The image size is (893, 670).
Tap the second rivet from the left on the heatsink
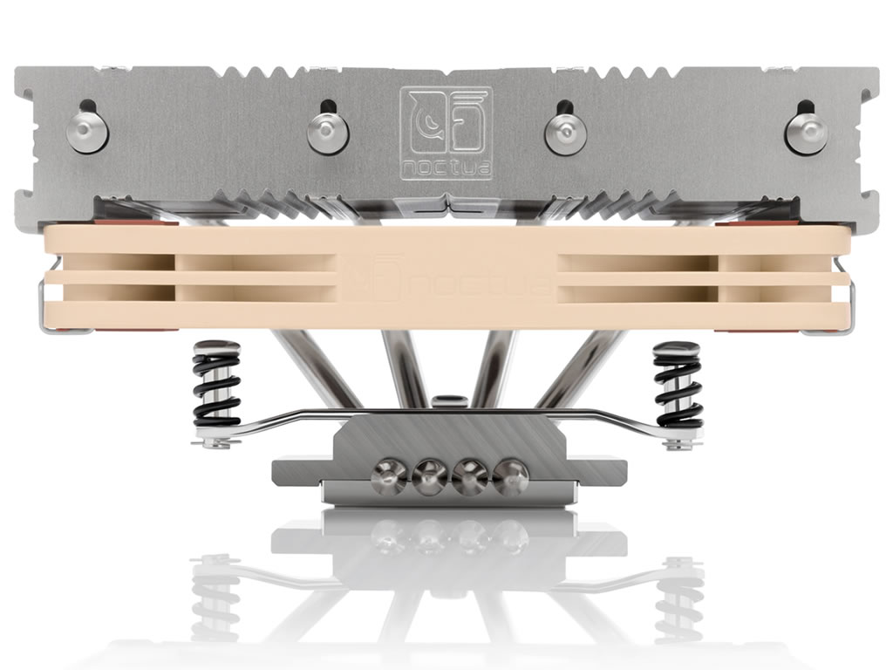[x=328, y=132]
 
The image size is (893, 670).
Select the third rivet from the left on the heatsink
[x=565, y=132]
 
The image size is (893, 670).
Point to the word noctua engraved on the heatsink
[x=446, y=168]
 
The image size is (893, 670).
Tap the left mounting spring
[x=216, y=385]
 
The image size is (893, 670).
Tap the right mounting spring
[x=678, y=385]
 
